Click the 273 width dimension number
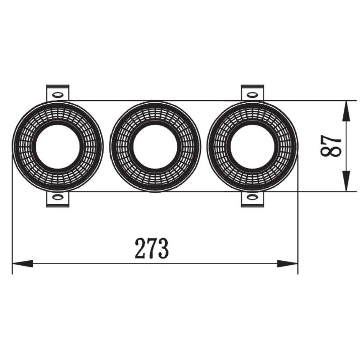(152, 248)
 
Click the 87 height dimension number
(331, 146)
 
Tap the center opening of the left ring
(57, 146)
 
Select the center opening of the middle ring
(155, 146)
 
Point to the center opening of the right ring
(253, 146)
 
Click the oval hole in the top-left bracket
(57, 94)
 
